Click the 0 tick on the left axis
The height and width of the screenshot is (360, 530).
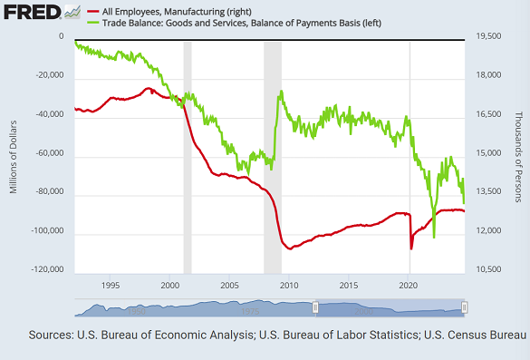pos(62,37)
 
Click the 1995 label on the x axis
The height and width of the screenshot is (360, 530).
pos(111,286)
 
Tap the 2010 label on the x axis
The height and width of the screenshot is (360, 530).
pos(289,286)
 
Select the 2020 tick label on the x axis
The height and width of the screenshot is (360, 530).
pos(409,286)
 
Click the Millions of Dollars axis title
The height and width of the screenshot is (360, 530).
pos(14,154)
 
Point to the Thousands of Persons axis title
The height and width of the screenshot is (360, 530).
pos(519,154)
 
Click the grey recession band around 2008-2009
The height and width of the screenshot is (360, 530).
pos(272,154)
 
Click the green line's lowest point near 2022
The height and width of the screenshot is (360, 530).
pos(434,238)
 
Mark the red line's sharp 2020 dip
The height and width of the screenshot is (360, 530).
pos(411,248)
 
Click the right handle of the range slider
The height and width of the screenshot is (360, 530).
pos(464,308)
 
